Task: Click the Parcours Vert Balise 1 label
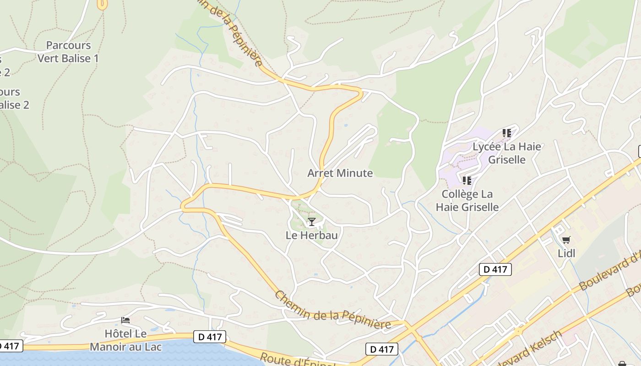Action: (x=68, y=52)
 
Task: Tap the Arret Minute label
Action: (x=340, y=173)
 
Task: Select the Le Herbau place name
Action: (x=311, y=235)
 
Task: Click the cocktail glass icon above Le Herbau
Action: (x=312, y=222)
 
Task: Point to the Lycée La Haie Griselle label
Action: (x=506, y=153)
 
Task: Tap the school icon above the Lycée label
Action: (x=506, y=133)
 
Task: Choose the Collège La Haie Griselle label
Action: (x=467, y=200)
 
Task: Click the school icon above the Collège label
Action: (x=467, y=180)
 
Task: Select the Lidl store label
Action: (x=566, y=253)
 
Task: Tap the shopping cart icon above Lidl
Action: (x=566, y=240)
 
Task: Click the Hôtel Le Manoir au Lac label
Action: (x=125, y=340)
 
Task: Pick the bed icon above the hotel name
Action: (x=125, y=320)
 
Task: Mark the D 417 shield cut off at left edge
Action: (x=9, y=345)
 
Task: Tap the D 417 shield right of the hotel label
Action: (x=210, y=337)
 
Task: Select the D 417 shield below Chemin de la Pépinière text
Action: (x=382, y=349)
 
